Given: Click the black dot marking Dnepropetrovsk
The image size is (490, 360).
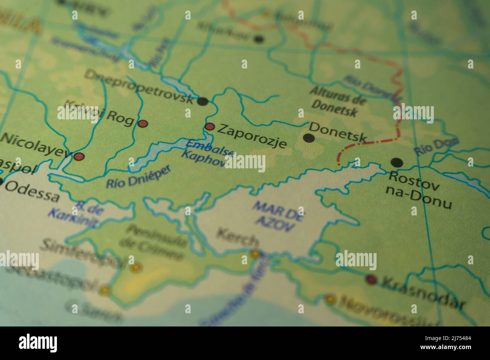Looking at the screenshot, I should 203,101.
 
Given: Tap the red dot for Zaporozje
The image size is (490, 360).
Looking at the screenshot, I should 209,126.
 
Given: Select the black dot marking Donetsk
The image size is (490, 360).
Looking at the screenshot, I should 309,138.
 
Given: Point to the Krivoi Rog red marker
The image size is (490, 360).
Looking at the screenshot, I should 143,124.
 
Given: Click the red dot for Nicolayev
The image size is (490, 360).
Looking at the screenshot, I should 79,156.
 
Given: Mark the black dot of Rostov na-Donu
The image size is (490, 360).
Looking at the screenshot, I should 397,163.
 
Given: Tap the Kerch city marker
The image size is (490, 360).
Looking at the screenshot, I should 256,254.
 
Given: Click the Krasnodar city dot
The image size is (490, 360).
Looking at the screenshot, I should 371,279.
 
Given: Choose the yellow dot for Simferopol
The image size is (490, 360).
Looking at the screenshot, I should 136,268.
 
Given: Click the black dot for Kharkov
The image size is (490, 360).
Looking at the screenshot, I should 259,38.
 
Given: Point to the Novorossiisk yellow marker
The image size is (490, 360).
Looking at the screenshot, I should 330,299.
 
